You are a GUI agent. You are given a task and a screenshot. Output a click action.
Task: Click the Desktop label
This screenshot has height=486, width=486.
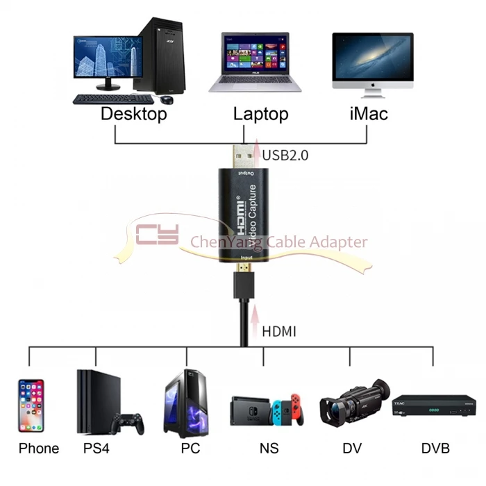pos(134,113)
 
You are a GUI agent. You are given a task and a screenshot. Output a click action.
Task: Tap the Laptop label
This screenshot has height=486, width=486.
pos(260,113)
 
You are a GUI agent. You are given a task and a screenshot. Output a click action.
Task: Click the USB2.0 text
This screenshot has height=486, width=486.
pos(285,155)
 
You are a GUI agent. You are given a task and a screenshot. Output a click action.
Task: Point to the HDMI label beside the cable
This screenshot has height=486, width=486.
pos(279,331)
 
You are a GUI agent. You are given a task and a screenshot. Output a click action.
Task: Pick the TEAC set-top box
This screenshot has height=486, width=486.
pos(435,408)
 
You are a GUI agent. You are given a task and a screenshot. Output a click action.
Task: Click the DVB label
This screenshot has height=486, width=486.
pos(435,449)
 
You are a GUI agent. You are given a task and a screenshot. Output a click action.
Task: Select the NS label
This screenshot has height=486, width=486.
pos(269,449)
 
